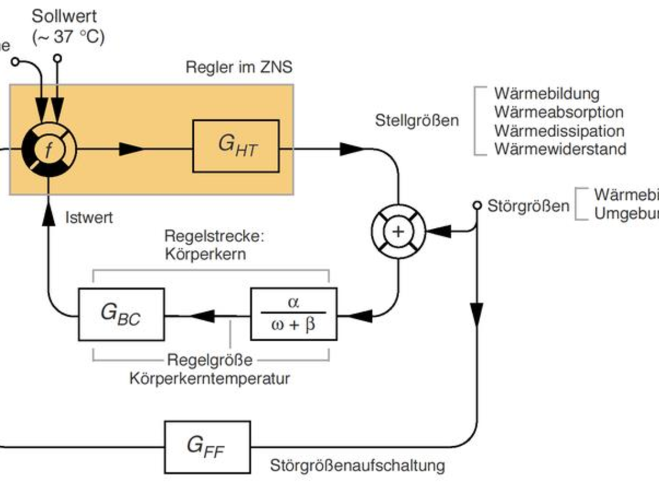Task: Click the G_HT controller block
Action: [x=236, y=145]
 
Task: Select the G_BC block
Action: [x=121, y=313]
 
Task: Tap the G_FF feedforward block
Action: [x=208, y=447]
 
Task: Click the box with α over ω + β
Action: [x=294, y=313]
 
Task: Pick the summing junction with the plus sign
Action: [x=399, y=232]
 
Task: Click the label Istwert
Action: [x=89, y=217]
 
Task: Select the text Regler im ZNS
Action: [x=239, y=68]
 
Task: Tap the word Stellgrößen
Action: [x=417, y=120]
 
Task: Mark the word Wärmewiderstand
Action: [x=560, y=149]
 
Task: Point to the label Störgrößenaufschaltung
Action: [x=357, y=466]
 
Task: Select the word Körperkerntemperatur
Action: [x=210, y=378]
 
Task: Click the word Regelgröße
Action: [x=210, y=360]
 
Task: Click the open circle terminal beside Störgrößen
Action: [x=477, y=206]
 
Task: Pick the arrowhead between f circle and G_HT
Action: [x=131, y=149]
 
